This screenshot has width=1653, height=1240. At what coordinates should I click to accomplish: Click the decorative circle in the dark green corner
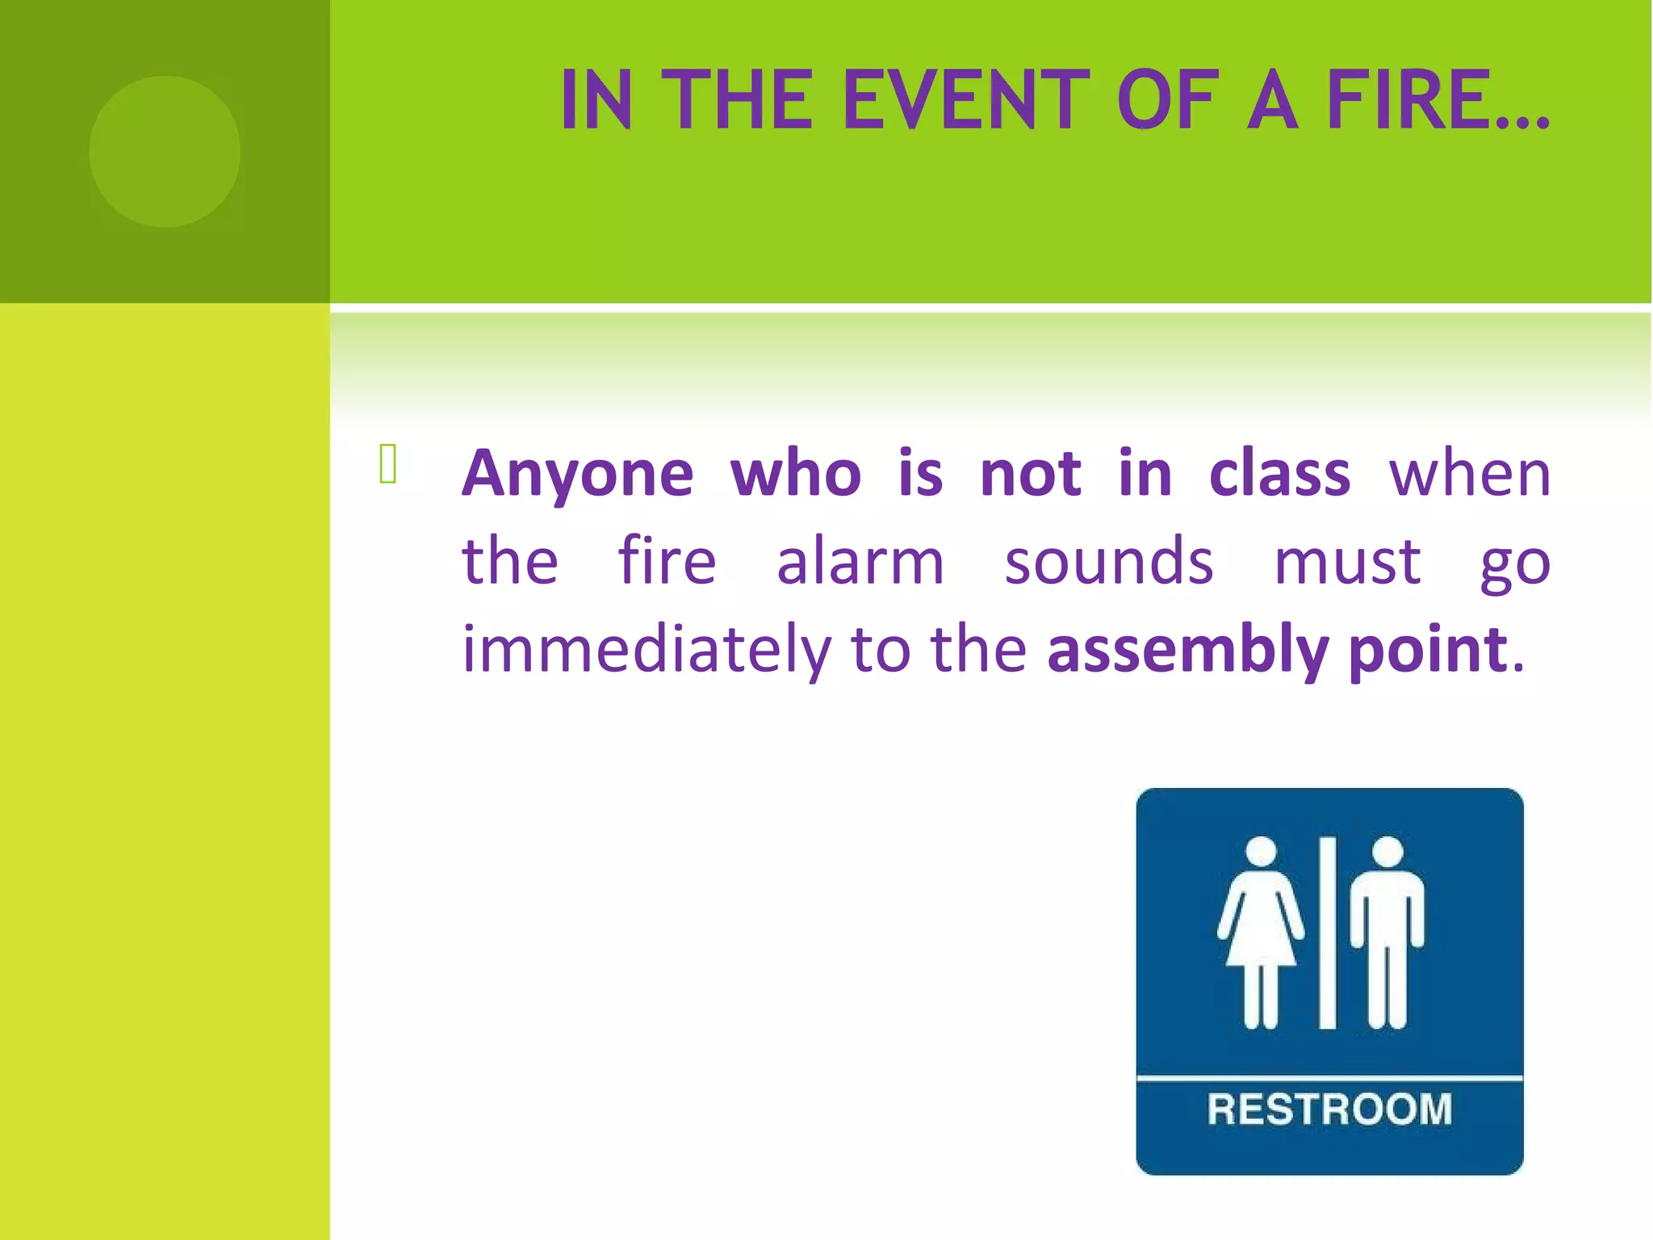pos(165,151)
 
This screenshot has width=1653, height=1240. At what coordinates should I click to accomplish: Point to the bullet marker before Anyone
pos(387,465)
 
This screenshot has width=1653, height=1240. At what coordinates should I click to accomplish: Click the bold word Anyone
pos(577,474)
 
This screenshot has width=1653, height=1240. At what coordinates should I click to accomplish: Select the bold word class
pos(1279,474)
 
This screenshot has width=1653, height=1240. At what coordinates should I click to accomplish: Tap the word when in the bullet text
pos(1469,474)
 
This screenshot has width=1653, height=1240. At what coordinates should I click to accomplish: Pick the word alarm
pos(860,562)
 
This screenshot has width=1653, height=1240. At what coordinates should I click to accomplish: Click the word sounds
pos(1108,562)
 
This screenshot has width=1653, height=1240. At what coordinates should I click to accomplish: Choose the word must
pos(1346,562)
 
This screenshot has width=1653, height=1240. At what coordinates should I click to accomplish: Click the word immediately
pos(646,650)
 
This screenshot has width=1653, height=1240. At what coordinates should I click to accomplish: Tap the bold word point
pos(1427,650)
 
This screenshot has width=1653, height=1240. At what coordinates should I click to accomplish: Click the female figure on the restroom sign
pos(1261,932)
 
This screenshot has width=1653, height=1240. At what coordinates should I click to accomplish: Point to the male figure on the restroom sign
pos(1387,932)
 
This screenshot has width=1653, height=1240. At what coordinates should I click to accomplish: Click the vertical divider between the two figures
pos(1328,932)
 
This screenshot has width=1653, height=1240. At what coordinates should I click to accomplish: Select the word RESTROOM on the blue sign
pos(1329,1109)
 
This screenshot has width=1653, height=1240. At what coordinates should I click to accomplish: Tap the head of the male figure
pos(1387,852)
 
